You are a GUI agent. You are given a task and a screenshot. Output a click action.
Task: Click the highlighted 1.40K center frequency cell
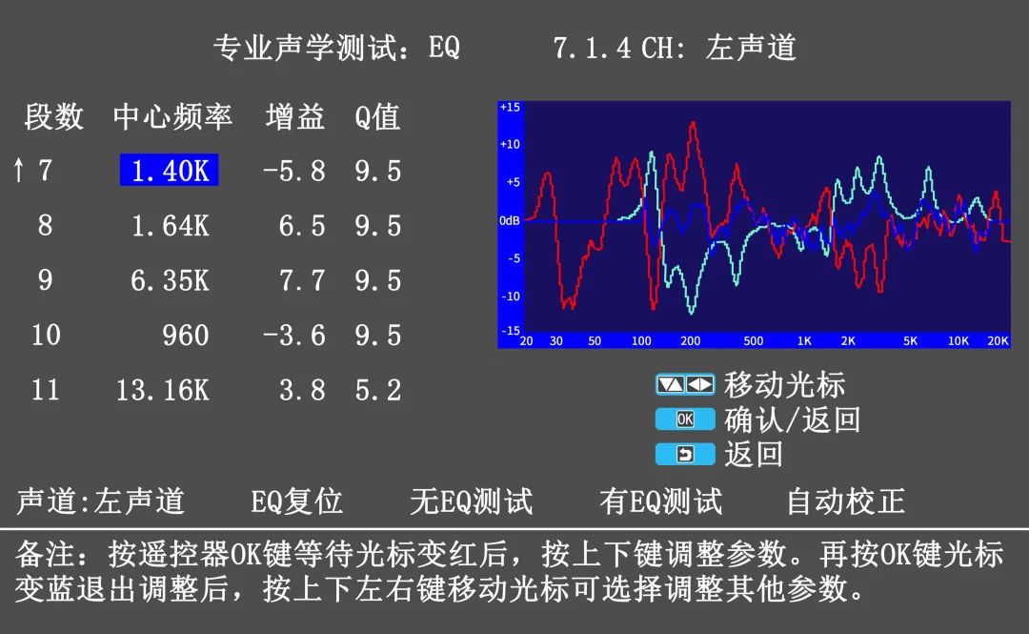coord(170,170)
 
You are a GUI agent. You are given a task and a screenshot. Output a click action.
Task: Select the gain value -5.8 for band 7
coord(294,171)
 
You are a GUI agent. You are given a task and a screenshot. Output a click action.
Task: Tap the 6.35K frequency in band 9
coord(170,280)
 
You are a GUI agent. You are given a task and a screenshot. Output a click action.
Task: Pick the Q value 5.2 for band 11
coord(378,390)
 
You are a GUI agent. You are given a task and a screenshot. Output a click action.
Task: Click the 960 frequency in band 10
coord(186,336)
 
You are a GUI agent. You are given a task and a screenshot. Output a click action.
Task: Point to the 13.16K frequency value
coord(163,390)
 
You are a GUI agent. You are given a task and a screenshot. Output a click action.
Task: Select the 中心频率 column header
coord(172,116)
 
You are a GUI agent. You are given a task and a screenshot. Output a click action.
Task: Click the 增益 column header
coord(295,116)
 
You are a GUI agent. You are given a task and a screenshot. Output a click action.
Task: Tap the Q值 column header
coord(377,117)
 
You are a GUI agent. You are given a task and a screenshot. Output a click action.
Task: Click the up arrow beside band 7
coord(18,170)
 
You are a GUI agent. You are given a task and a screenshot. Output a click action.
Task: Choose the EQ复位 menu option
coord(296,501)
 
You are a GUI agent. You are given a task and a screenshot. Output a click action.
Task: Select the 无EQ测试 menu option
coord(472,501)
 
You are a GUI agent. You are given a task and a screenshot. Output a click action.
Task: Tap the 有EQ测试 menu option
coord(661,501)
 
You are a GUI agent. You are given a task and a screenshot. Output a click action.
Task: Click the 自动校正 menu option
coord(846,501)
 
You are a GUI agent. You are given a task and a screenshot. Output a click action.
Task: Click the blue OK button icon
coord(685,419)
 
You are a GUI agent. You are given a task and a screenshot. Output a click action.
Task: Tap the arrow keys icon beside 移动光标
coord(685,384)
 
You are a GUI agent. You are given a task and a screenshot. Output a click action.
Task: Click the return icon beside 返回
coord(685,454)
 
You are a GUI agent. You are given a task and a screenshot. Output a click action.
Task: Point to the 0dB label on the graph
coord(509,220)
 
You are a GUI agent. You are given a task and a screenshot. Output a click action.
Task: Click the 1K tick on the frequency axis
coord(804,340)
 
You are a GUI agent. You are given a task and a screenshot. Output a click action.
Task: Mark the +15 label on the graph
coord(510,107)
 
